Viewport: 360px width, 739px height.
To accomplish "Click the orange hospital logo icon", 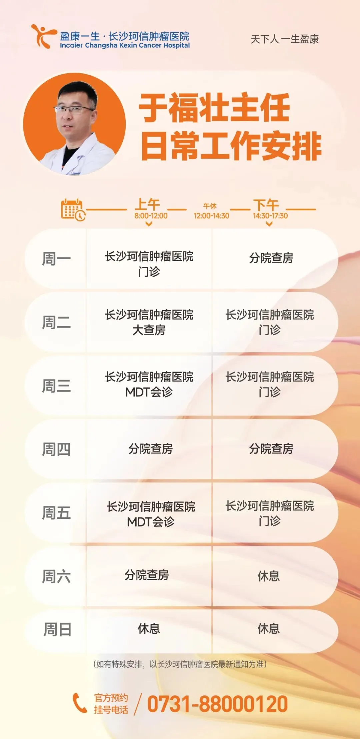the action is pyautogui.click(x=43, y=36).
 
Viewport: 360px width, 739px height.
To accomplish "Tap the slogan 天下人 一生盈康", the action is pyautogui.click(x=284, y=39).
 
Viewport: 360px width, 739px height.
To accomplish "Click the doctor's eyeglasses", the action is pyautogui.click(x=74, y=109).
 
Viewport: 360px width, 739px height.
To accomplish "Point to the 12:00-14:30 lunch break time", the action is pyautogui.click(x=211, y=216).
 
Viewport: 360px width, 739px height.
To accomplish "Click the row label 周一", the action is pyautogui.click(x=56, y=259).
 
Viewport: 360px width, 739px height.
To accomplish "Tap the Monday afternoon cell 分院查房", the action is pyautogui.click(x=271, y=258).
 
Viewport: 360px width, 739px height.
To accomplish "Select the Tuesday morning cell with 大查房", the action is pyautogui.click(x=149, y=322).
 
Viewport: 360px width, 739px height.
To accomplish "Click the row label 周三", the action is pyautogui.click(x=56, y=386).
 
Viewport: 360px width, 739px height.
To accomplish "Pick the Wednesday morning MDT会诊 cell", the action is pyautogui.click(x=149, y=384).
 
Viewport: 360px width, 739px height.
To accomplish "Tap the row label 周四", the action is pyautogui.click(x=56, y=449).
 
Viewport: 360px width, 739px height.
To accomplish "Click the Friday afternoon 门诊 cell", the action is pyautogui.click(x=270, y=513).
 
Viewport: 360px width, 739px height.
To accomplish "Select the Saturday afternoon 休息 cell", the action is pyautogui.click(x=269, y=576).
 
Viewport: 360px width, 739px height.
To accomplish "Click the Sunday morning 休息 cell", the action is pyautogui.click(x=149, y=629).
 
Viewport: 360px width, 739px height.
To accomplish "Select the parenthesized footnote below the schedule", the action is pyautogui.click(x=180, y=664).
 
